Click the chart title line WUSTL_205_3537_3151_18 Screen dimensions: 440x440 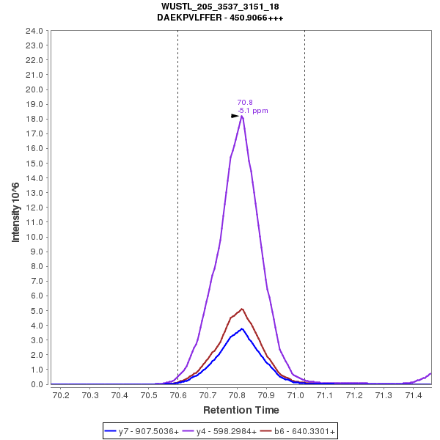coord(219,7)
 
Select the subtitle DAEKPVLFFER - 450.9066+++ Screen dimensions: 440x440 coord(219,17)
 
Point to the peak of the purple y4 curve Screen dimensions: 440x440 coord(241,116)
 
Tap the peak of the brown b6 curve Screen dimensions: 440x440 coord(241,309)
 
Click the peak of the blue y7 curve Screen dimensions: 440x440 coord(241,329)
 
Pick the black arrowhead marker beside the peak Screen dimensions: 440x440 coord(235,116)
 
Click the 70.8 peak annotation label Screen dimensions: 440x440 coord(245,103)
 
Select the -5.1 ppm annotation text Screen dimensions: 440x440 coord(253,111)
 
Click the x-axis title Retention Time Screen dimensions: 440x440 coord(241,410)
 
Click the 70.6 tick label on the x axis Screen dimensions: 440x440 coord(178,396)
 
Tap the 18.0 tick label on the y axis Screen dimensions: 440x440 coord(35,119)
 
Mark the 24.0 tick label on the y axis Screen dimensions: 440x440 coord(35,31)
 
